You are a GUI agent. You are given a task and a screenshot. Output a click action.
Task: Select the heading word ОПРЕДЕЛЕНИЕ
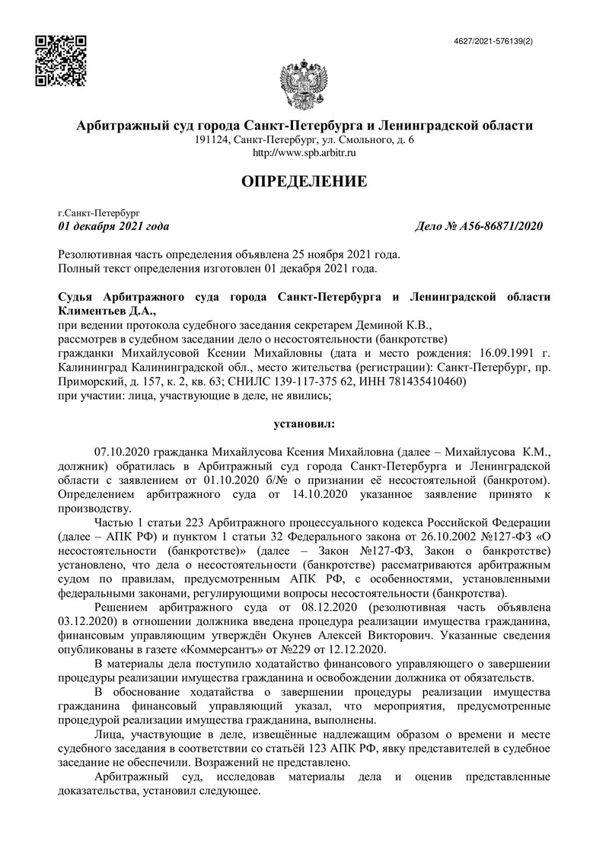pos(304,181)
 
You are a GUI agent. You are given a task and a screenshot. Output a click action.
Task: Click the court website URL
pos(304,153)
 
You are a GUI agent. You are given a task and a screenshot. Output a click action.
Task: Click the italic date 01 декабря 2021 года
pos(114,227)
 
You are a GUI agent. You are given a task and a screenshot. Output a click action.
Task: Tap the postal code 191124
pos(211,140)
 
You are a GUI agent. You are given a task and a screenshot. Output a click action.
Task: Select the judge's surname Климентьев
pos(92,310)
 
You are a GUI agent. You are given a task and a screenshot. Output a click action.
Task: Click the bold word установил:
pos(304,421)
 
